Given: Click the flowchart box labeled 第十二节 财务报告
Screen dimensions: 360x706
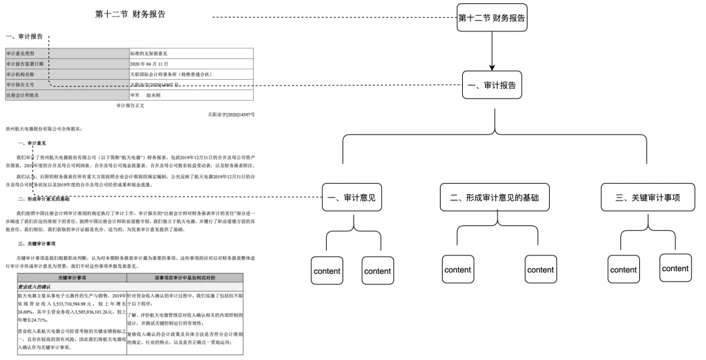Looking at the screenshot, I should (491, 18).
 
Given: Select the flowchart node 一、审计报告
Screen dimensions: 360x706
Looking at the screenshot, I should (492, 85).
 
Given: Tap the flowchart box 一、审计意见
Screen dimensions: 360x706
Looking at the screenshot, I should (353, 198).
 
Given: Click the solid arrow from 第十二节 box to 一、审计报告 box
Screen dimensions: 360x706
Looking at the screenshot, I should (492, 51).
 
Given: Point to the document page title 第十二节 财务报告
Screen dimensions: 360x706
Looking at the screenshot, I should (130, 14).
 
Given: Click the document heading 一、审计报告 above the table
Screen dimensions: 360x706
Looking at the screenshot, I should (24, 37).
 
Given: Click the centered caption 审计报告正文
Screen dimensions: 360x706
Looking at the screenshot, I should (130, 105).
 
